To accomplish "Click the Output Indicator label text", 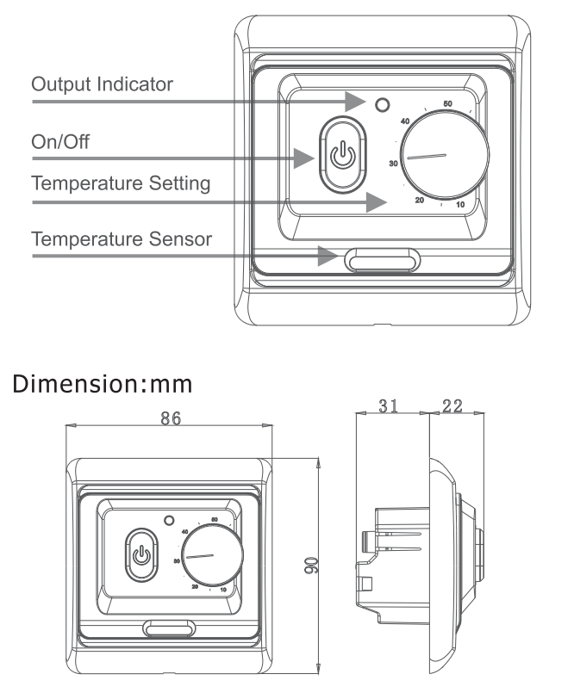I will (x=102, y=84).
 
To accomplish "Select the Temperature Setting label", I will (x=121, y=184).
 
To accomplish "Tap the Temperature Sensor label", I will (x=121, y=238).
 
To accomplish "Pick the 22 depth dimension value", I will (x=450, y=405).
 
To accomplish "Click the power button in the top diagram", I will (x=343, y=156).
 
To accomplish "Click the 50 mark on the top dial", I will (x=447, y=104).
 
